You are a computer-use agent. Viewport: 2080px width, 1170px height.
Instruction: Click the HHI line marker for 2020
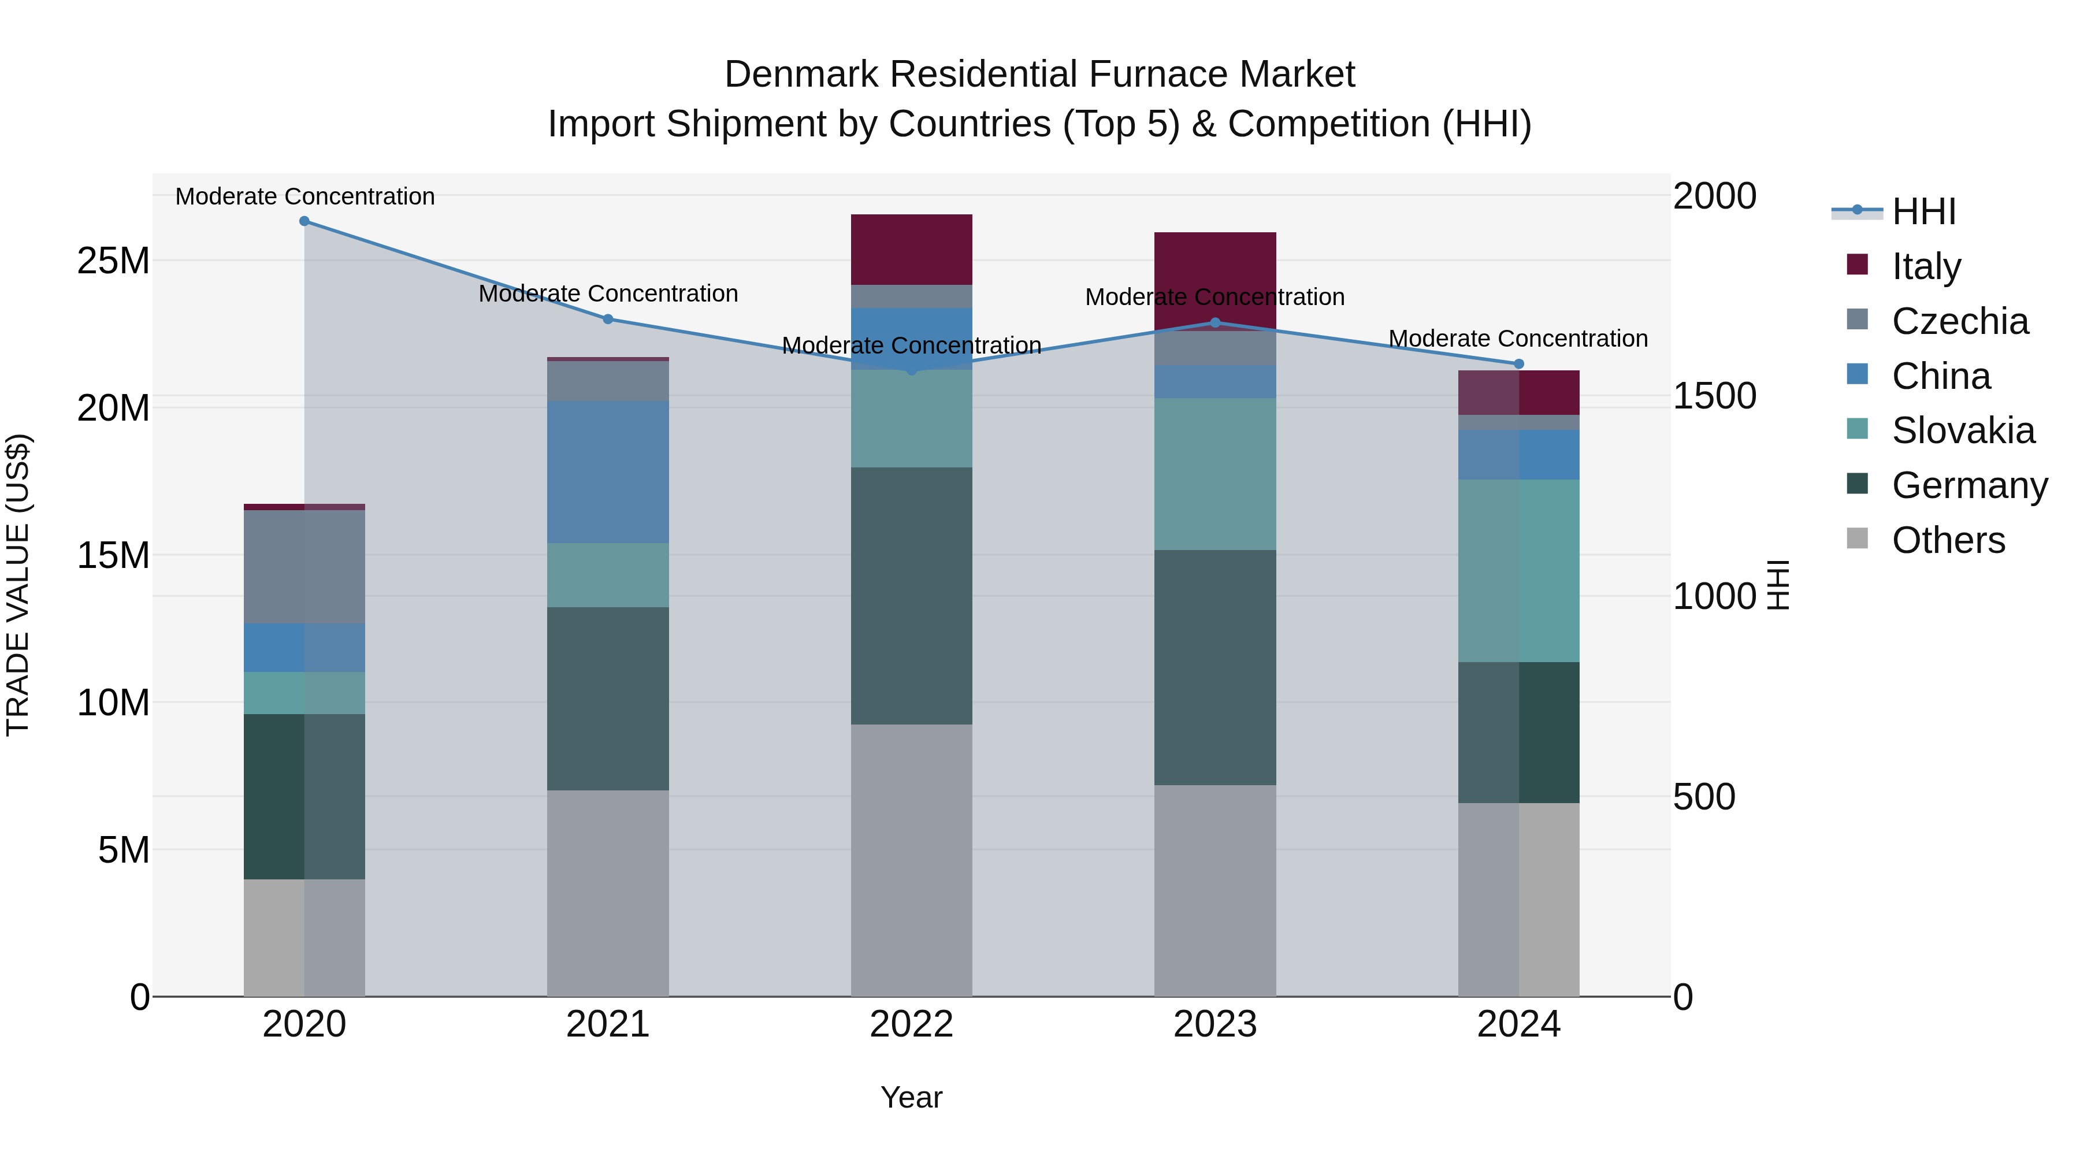(x=304, y=221)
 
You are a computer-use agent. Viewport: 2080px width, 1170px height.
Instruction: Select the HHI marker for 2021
(x=608, y=319)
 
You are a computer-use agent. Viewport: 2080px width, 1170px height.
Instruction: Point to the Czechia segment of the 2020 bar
(x=304, y=566)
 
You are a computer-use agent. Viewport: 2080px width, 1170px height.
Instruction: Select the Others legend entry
(x=1948, y=540)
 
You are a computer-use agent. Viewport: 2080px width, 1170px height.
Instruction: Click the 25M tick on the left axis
(x=113, y=261)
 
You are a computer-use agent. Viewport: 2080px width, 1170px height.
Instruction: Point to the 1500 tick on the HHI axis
(x=1714, y=396)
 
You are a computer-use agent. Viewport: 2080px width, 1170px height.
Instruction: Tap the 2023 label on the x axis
(x=1214, y=1024)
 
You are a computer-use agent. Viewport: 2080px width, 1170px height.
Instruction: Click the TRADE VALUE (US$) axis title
(x=18, y=585)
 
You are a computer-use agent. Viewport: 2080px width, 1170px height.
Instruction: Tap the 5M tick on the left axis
(x=124, y=849)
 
